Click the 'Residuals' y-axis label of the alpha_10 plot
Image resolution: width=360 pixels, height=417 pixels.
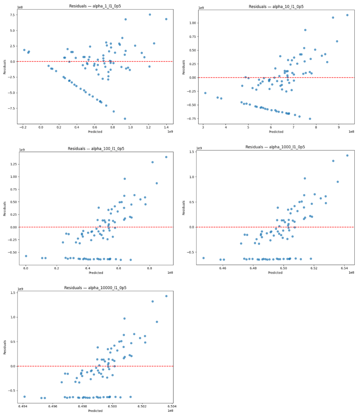click(184, 67)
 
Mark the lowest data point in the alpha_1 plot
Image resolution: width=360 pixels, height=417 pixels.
click(125, 119)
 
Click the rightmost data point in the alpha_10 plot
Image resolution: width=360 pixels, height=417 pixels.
click(347, 15)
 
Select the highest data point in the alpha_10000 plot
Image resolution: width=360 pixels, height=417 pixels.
click(166, 296)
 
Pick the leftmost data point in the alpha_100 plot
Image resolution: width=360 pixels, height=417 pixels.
click(26, 256)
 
